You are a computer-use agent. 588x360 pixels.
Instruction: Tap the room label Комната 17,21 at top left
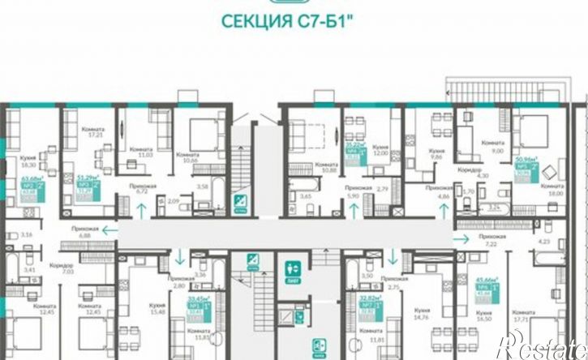(x=92, y=132)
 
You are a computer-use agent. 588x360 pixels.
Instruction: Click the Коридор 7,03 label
(x=62, y=268)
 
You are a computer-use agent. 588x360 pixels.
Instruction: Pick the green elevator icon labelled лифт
(x=293, y=269)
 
